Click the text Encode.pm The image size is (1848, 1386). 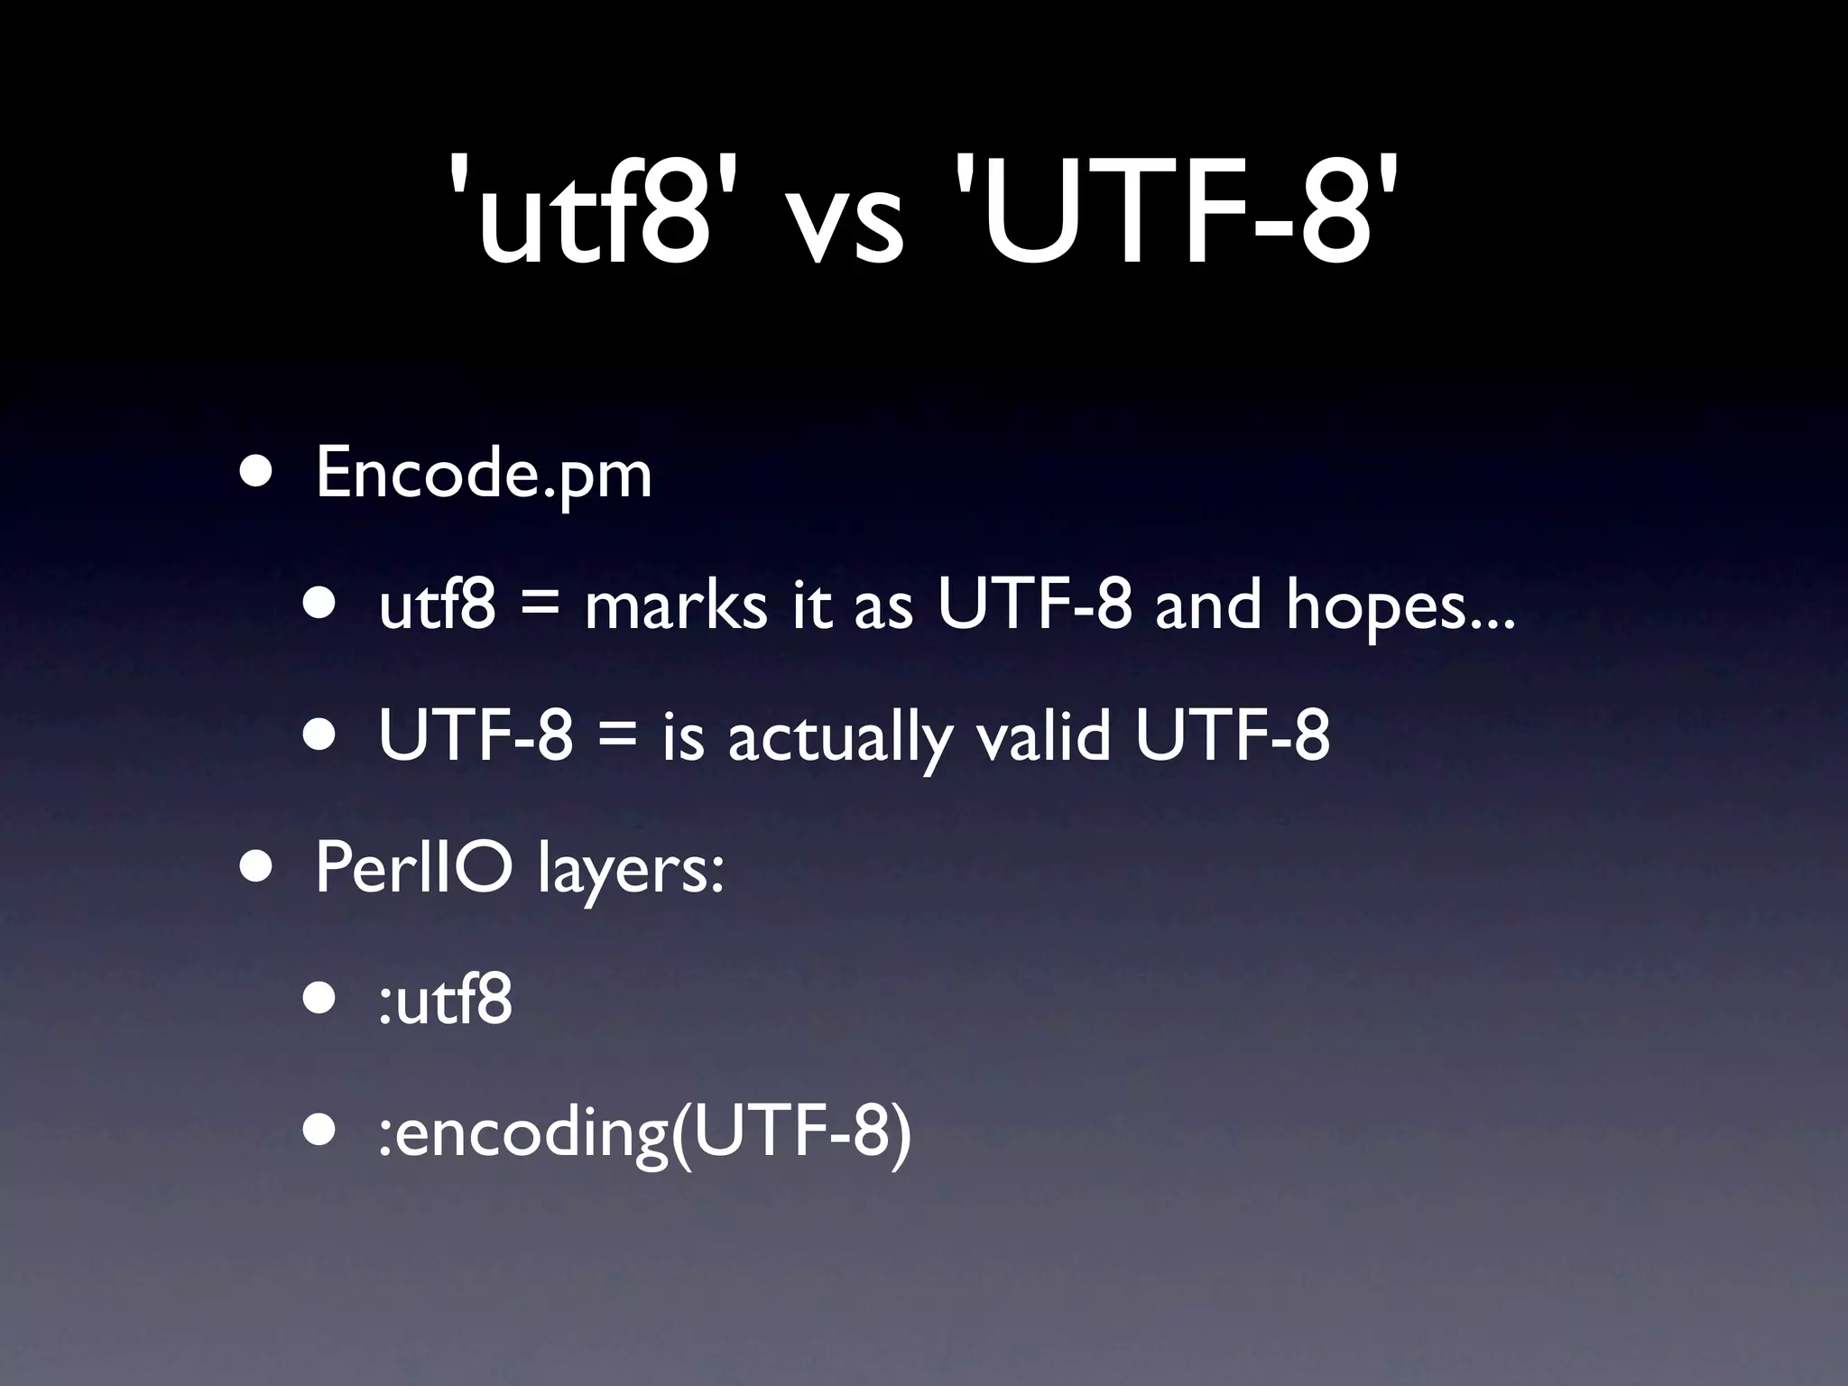(484, 474)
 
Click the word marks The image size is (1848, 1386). (676, 605)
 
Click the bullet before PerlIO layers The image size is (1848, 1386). (256, 868)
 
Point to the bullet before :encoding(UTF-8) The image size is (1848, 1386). (320, 1130)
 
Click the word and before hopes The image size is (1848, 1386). (1208, 605)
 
